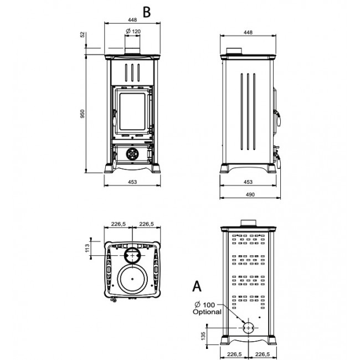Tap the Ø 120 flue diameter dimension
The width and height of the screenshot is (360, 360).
pyautogui.click(x=133, y=31)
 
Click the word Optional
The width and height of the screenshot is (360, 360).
pyautogui.click(x=207, y=312)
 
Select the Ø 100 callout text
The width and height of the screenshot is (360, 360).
pyautogui.click(x=205, y=305)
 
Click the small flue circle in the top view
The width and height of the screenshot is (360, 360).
pyautogui.click(x=132, y=254)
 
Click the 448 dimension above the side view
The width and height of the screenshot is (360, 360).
pyautogui.click(x=248, y=33)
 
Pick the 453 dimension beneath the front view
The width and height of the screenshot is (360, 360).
pyautogui.click(x=132, y=182)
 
